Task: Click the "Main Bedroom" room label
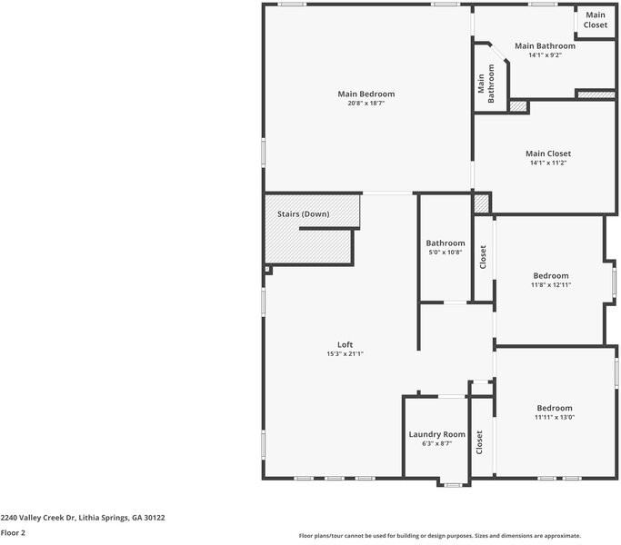(366, 94)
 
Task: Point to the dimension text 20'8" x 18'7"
(366, 104)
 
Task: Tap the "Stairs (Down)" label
(303, 214)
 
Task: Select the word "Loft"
(345, 344)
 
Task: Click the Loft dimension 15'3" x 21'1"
(345, 354)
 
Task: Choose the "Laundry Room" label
(436, 434)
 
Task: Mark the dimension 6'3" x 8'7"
(436, 444)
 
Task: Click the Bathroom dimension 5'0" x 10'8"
(446, 253)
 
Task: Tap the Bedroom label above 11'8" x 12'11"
(550, 275)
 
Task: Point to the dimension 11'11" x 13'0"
(554, 418)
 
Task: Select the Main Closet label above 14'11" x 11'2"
(548, 154)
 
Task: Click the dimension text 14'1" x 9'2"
(545, 55)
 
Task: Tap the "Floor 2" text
(13, 533)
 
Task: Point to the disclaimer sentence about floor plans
(439, 536)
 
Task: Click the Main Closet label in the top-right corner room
(596, 20)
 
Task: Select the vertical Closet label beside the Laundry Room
(479, 442)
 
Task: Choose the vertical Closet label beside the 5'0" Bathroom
(483, 257)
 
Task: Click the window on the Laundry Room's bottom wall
(452, 485)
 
